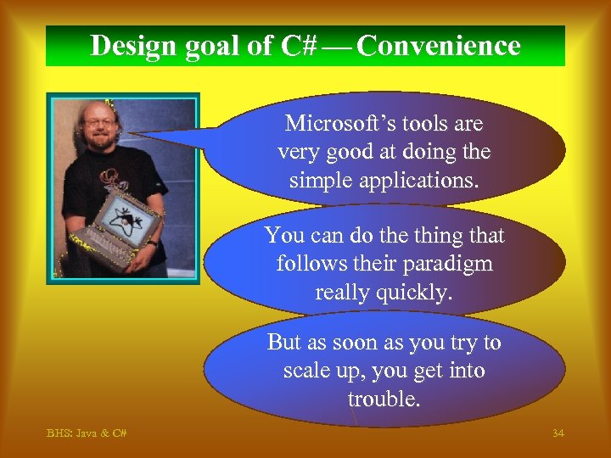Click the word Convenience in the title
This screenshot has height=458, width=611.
tap(439, 46)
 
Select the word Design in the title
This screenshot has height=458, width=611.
tap(130, 46)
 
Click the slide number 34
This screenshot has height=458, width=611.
tap(558, 433)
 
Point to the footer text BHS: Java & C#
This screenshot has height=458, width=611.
tap(87, 433)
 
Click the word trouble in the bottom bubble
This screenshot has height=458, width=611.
tap(384, 399)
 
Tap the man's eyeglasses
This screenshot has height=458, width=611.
tap(100, 122)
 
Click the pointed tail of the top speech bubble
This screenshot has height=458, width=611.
tap(144, 133)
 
